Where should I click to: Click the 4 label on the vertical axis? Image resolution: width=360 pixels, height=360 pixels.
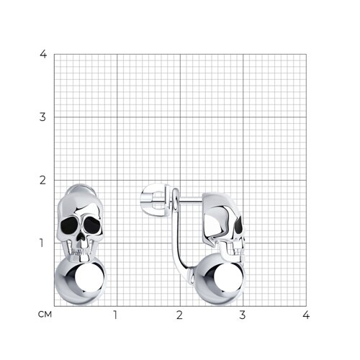[43, 54]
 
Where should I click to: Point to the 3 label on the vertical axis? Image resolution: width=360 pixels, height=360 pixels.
[42, 117]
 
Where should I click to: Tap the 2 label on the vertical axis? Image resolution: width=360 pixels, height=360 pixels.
[42, 180]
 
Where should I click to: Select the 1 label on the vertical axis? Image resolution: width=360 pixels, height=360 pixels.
[42, 243]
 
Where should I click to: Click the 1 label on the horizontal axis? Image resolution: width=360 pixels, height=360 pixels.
[115, 315]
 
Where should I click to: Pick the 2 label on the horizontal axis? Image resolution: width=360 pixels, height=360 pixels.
[179, 315]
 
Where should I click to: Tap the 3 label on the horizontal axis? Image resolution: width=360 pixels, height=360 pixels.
[243, 315]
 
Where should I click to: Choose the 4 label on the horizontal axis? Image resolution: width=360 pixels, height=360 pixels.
[306, 315]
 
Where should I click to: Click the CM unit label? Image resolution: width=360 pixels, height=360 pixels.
[45, 315]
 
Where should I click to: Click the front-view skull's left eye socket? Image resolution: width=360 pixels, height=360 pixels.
[70, 225]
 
